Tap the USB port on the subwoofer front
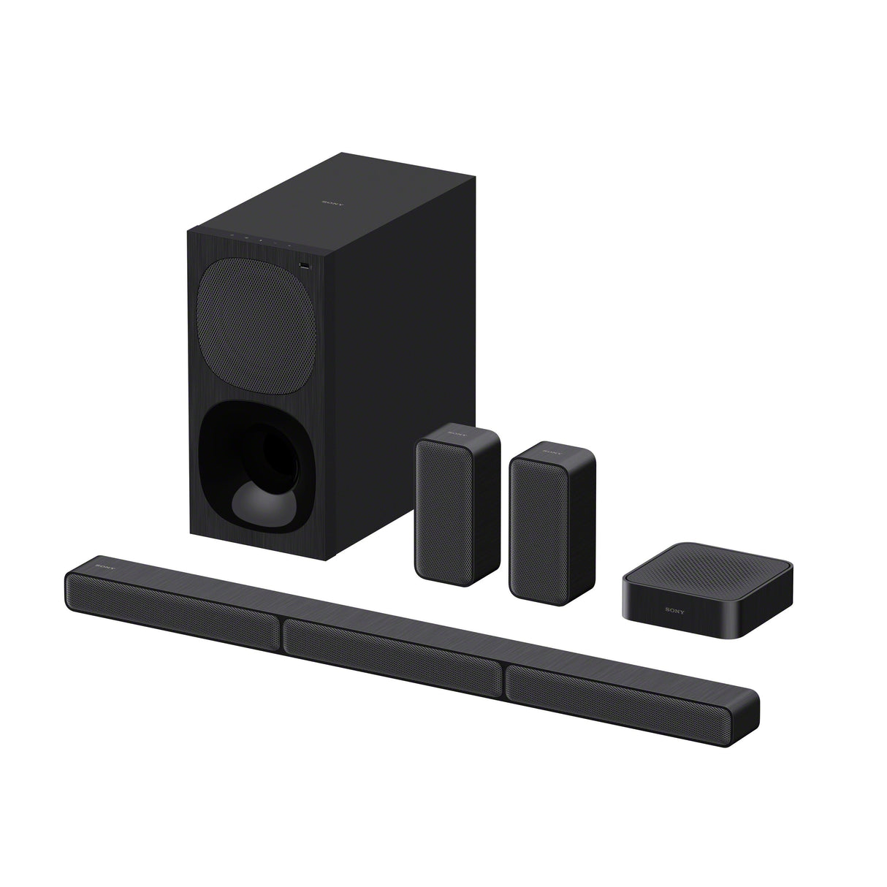[x=304, y=265]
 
